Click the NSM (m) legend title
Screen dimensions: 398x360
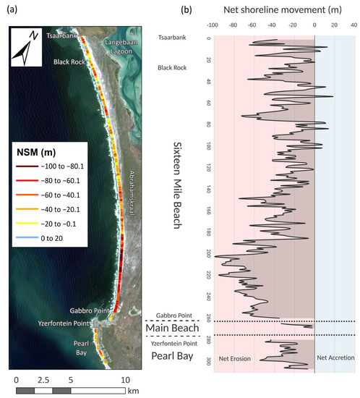38,154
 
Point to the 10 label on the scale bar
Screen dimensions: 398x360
125,379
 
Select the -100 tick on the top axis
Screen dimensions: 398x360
212,23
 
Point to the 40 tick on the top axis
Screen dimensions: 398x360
354,23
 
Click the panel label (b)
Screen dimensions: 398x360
187,11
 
